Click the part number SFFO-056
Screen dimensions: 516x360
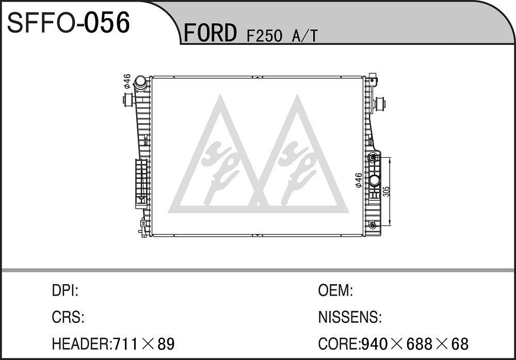click(69, 23)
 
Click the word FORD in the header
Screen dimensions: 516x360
click(210, 33)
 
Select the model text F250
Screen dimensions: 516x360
click(264, 36)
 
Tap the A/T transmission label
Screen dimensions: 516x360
click(305, 36)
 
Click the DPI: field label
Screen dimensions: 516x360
click(65, 290)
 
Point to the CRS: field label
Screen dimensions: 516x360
click(68, 317)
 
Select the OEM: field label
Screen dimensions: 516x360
click(335, 290)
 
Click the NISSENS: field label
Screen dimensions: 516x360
click(350, 317)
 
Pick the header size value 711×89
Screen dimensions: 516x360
click(144, 344)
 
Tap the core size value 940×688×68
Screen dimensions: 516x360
click(415, 344)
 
